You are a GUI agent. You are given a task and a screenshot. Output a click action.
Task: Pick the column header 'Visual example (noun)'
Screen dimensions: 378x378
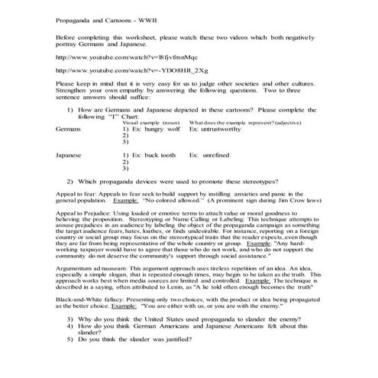click(150, 122)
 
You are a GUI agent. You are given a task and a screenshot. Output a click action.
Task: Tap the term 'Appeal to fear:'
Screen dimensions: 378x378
click(77, 194)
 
